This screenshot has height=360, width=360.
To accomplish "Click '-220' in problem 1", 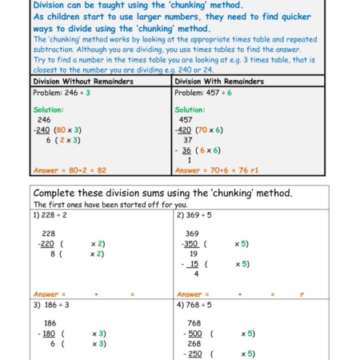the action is [47, 244].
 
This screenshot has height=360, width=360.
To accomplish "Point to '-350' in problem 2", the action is [190, 244].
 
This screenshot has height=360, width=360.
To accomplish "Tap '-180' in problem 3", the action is [49, 334].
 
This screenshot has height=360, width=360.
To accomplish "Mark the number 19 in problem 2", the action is [193, 254].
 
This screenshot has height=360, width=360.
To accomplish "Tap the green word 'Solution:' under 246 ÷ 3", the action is [49, 110].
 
